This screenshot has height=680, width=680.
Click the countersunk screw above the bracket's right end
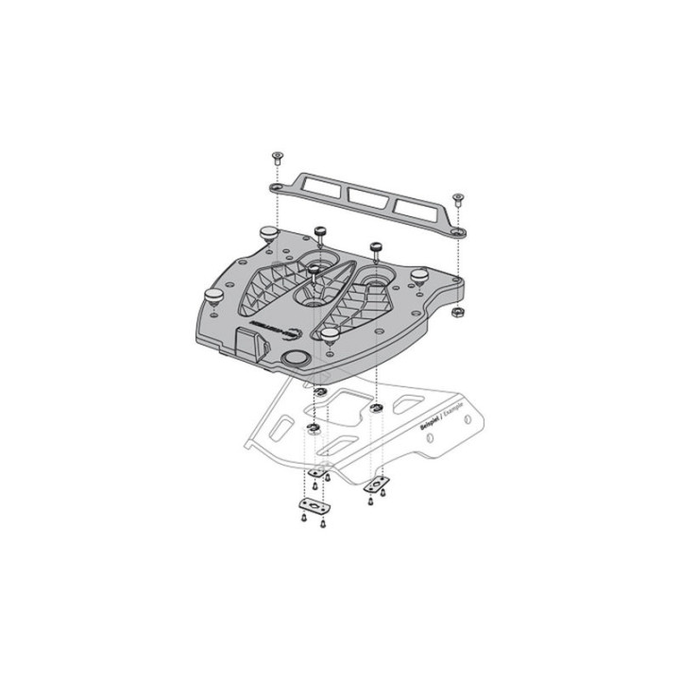pyautogui.click(x=458, y=198)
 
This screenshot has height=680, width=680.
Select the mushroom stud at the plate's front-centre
pyautogui.click(x=331, y=334)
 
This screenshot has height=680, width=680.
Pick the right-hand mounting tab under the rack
pyautogui.click(x=377, y=485)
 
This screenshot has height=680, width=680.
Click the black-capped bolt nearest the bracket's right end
pyautogui.click(x=375, y=248)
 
